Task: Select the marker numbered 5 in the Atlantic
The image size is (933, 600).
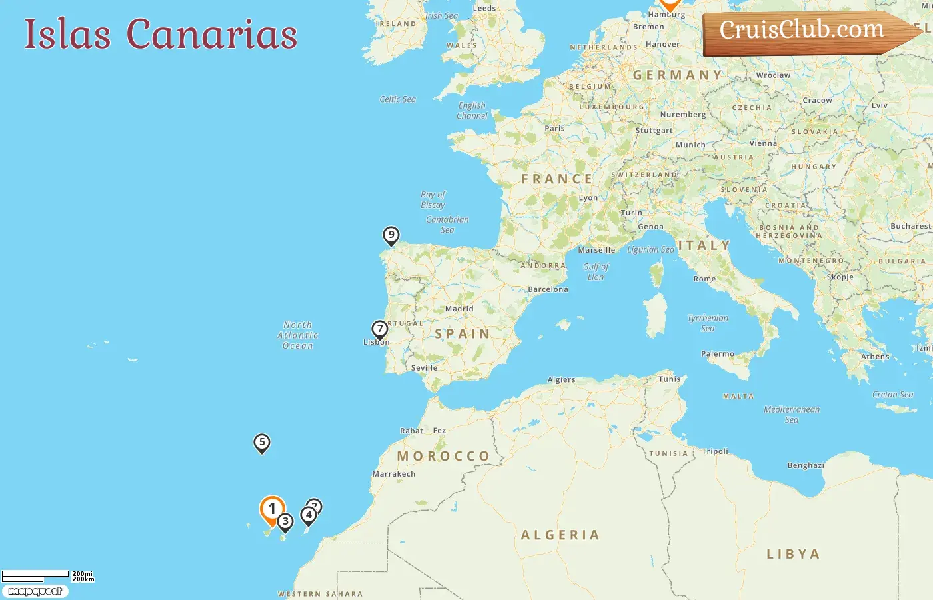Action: (262, 443)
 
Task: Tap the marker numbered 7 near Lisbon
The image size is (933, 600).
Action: (379, 329)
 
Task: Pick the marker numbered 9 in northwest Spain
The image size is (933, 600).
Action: (391, 235)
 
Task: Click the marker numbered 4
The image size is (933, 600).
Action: (308, 515)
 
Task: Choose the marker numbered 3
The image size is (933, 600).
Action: (285, 522)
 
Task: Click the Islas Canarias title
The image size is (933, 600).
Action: (161, 34)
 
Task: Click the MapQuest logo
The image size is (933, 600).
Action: (35, 591)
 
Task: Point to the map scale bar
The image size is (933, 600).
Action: (36, 575)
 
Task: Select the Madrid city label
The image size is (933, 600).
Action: (459, 309)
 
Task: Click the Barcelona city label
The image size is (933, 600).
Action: (548, 289)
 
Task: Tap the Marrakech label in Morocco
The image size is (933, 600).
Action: (393, 474)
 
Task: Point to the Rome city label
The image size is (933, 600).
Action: (704, 279)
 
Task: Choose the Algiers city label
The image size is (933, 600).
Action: (561, 379)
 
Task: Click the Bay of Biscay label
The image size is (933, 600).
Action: (433, 200)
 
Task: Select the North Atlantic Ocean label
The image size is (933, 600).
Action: (297, 335)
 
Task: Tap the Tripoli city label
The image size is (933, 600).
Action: (715, 451)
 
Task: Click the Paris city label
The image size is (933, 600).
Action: (554, 128)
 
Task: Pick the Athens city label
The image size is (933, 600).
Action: (874, 357)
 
